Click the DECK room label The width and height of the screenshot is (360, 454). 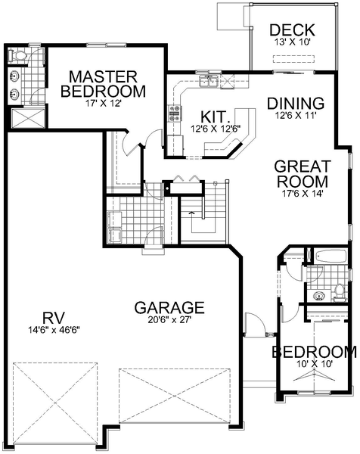pyautogui.click(x=292, y=30)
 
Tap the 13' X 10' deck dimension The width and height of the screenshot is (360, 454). pyautogui.click(x=292, y=42)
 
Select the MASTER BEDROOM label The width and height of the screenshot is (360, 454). pyautogui.click(x=104, y=84)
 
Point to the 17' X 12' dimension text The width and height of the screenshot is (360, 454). pyautogui.click(x=103, y=104)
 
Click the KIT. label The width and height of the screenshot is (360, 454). pyautogui.click(x=213, y=117)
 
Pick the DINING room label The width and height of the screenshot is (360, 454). pyautogui.click(x=296, y=104)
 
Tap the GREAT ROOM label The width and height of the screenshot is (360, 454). pyautogui.click(x=303, y=174)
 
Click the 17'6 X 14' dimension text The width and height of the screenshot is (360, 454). pyautogui.click(x=303, y=194)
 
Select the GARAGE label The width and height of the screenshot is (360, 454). pyautogui.click(x=169, y=307)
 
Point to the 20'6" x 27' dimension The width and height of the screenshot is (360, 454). pyautogui.click(x=169, y=319)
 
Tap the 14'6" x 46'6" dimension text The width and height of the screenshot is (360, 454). pyautogui.click(x=54, y=330)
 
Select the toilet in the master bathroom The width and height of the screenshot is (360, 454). pyautogui.click(x=17, y=55)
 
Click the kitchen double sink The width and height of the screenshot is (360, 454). pyautogui.click(x=209, y=81)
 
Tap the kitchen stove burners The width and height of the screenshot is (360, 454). pyautogui.click(x=175, y=113)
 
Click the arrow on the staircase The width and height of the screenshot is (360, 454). pyautogui.click(x=191, y=213)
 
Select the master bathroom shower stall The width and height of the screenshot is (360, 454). pyautogui.click(x=28, y=117)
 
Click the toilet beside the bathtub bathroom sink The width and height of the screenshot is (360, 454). pyautogui.click(x=339, y=291)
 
